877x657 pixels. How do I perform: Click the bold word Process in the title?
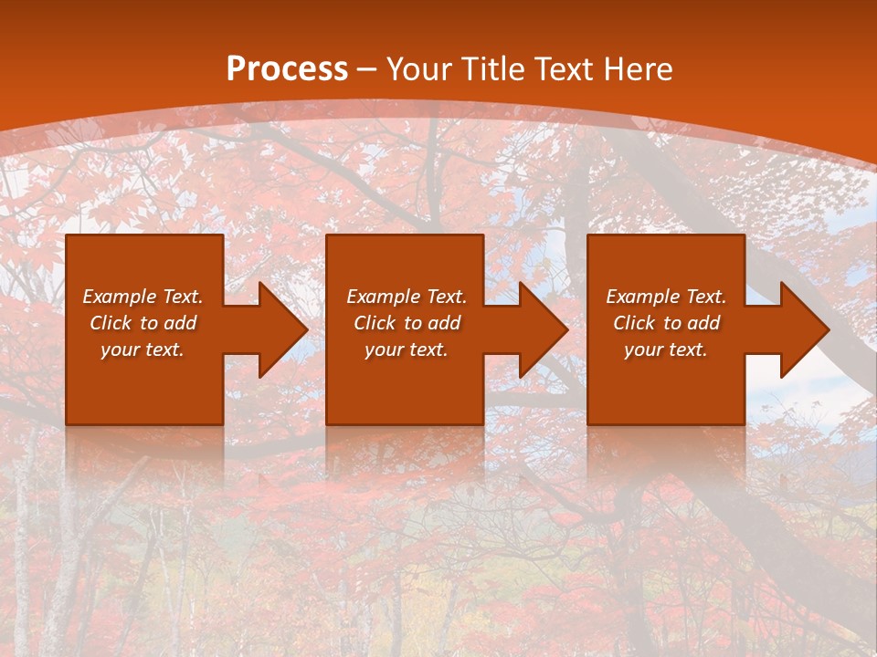pos(287,69)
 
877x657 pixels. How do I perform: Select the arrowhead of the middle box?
pos(542,329)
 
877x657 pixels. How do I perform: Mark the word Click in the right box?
pos(635,323)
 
